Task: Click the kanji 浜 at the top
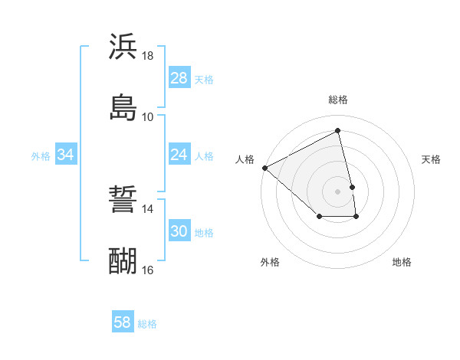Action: coord(123,47)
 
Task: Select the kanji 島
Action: coord(123,106)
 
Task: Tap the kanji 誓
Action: coord(123,201)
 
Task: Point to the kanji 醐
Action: coord(123,260)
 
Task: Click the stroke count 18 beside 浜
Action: coord(148,56)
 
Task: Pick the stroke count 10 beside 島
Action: coord(148,116)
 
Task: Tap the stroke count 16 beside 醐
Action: coord(148,270)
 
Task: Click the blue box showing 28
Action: coord(179,78)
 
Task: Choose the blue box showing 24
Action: coord(179,155)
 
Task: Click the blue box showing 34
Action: coord(65,155)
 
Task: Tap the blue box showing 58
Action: coord(122,322)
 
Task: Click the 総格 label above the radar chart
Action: coord(338,100)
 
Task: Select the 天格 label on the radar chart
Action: coord(432,159)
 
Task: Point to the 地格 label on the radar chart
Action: coord(402,262)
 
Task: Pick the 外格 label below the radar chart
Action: coord(270,262)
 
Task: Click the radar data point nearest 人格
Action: coord(264,168)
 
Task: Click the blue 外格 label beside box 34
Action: coord(41,156)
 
